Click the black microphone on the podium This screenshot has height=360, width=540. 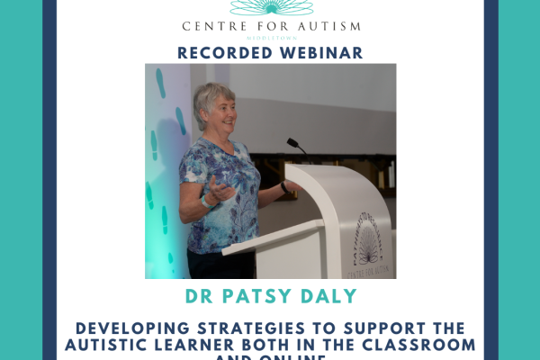click(x=296, y=146)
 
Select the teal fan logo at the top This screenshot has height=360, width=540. click(x=270, y=7)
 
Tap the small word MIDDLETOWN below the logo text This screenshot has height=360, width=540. click(x=270, y=38)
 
